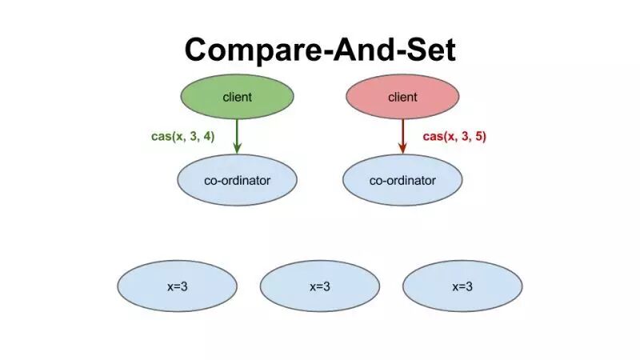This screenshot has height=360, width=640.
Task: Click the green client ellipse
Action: (237, 98)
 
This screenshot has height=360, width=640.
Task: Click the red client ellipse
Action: (402, 98)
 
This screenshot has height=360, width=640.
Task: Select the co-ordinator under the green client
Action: (237, 180)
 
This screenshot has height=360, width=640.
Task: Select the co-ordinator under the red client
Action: (402, 180)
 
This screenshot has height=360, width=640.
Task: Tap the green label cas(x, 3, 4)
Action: (182, 137)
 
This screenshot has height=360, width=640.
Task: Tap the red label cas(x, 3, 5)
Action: (454, 137)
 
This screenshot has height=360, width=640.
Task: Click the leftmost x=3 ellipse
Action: (177, 286)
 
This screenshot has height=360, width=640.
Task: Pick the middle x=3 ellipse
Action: (319, 286)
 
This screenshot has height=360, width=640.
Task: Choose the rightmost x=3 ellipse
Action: (462, 286)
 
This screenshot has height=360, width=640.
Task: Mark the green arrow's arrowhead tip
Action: (237, 153)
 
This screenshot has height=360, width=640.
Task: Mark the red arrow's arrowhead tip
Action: (402, 153)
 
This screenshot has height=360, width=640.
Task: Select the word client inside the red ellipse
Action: (402, 98)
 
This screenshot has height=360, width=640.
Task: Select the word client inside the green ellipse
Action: (237, 98)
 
